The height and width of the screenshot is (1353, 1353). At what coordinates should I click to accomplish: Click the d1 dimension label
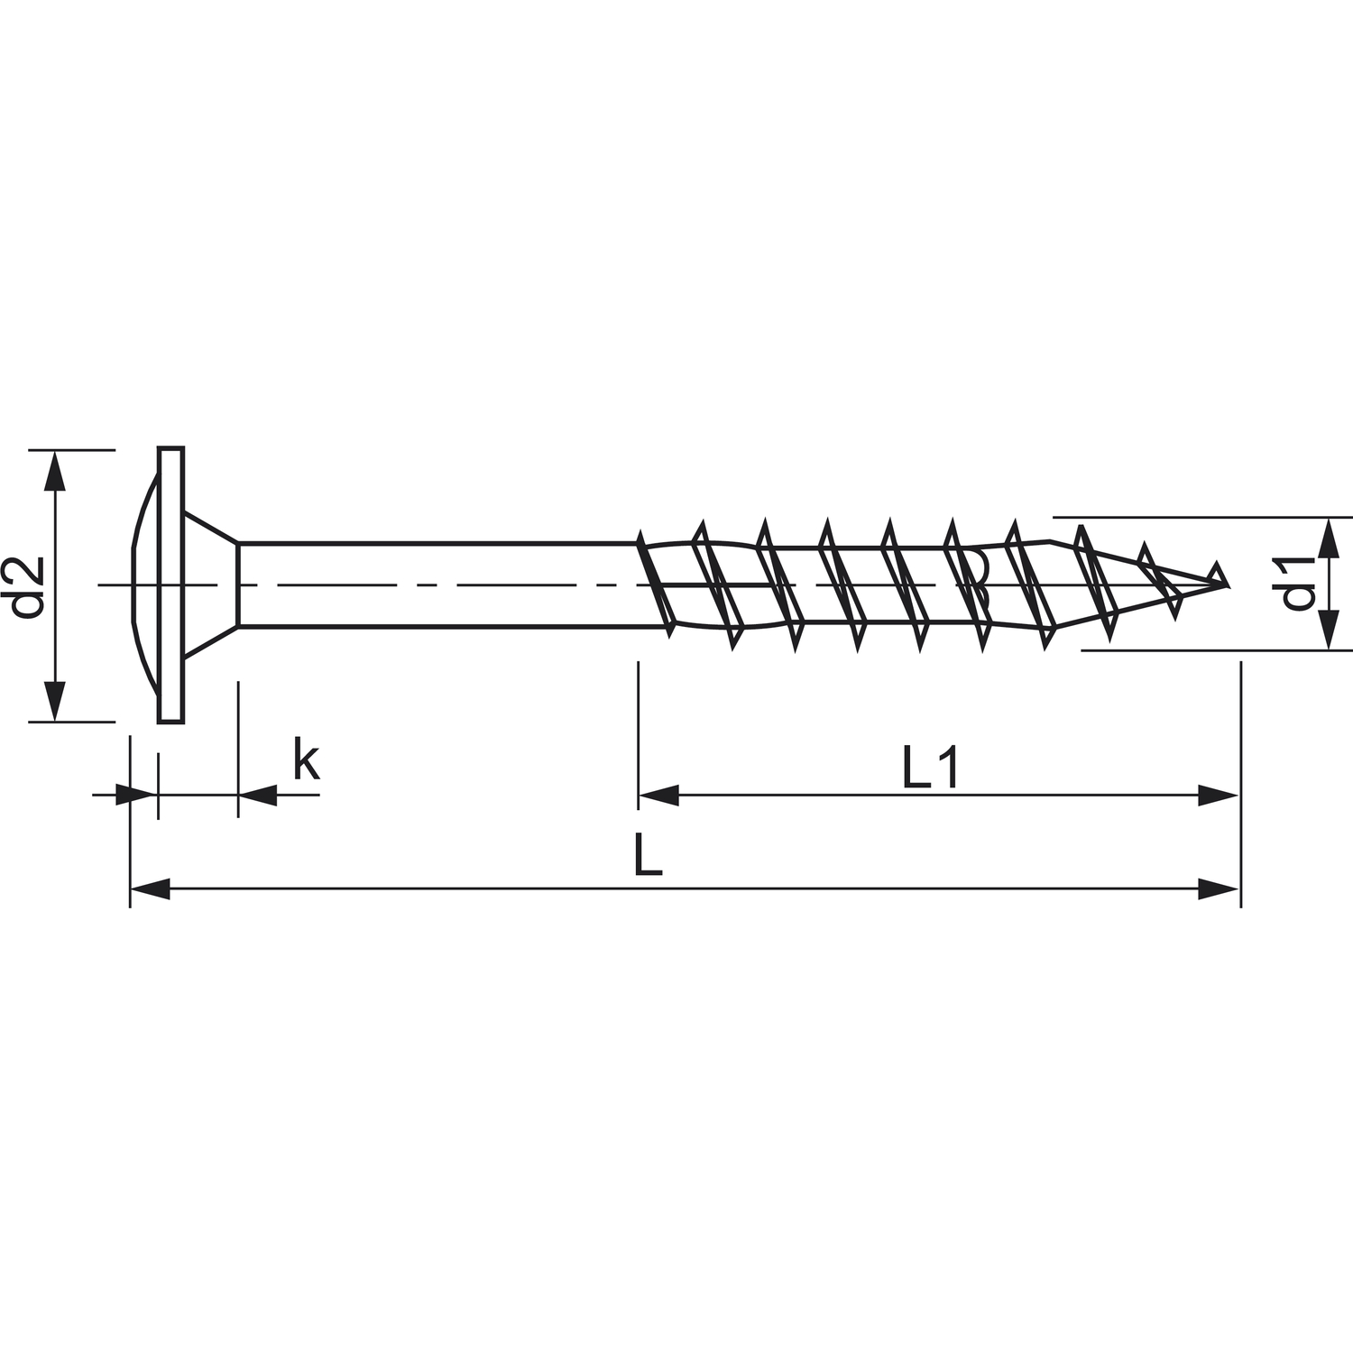click(x=1300, y=584)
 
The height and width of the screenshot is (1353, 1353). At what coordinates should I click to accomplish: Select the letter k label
click(x=306, y=759)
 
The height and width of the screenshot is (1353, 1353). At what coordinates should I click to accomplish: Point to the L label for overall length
click(x=647, y=856)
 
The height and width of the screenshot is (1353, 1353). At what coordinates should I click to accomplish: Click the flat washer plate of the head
click(x=170, y=584)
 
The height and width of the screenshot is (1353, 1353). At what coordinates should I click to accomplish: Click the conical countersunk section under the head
click(x=211, y=584)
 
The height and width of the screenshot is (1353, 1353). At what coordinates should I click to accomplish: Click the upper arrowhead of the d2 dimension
click(x=56, y=470)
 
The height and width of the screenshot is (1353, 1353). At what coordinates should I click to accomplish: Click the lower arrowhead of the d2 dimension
click(x=56, y=701)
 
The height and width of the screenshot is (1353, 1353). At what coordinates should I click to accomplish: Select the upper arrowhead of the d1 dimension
click(x=1328, y=538)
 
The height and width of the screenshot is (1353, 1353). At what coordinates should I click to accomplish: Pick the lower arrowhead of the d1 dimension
click(x=1328, y=630)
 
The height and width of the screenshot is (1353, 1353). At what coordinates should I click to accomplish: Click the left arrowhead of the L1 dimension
click(x=658, y=796)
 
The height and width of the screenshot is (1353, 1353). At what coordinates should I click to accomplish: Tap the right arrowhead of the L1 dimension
click(x=1218, y=796)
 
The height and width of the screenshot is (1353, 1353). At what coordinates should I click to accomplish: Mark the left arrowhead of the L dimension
click(x=151, y=889)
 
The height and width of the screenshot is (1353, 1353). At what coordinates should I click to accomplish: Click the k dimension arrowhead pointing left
click(x=258, y=796)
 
